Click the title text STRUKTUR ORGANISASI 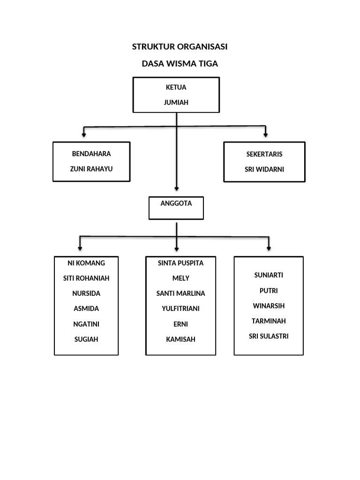[x=180, y=47]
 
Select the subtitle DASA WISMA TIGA [x=180, y=64]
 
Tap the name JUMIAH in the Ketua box [x=176, y=102]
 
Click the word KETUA [x=176, y=87]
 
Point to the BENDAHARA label [x=91, y=154]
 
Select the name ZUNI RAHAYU [x=91, y=169]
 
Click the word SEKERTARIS [x=264, y=154]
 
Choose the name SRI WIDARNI [x=264, y=169]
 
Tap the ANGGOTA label [x=176, y=203]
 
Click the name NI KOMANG [x=86, y=263]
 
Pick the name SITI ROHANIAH [x=86, y=278]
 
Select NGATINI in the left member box [x=86, y=324]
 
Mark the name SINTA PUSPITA [x=181, y=263]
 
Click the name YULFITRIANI [x=181, y=308]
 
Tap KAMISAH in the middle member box [x=181, y=339]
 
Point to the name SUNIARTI [x=269, y=275]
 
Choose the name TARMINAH [x=269, y=321]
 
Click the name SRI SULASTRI [x=269, y=336]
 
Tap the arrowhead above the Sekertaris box [x=266, y=135]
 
